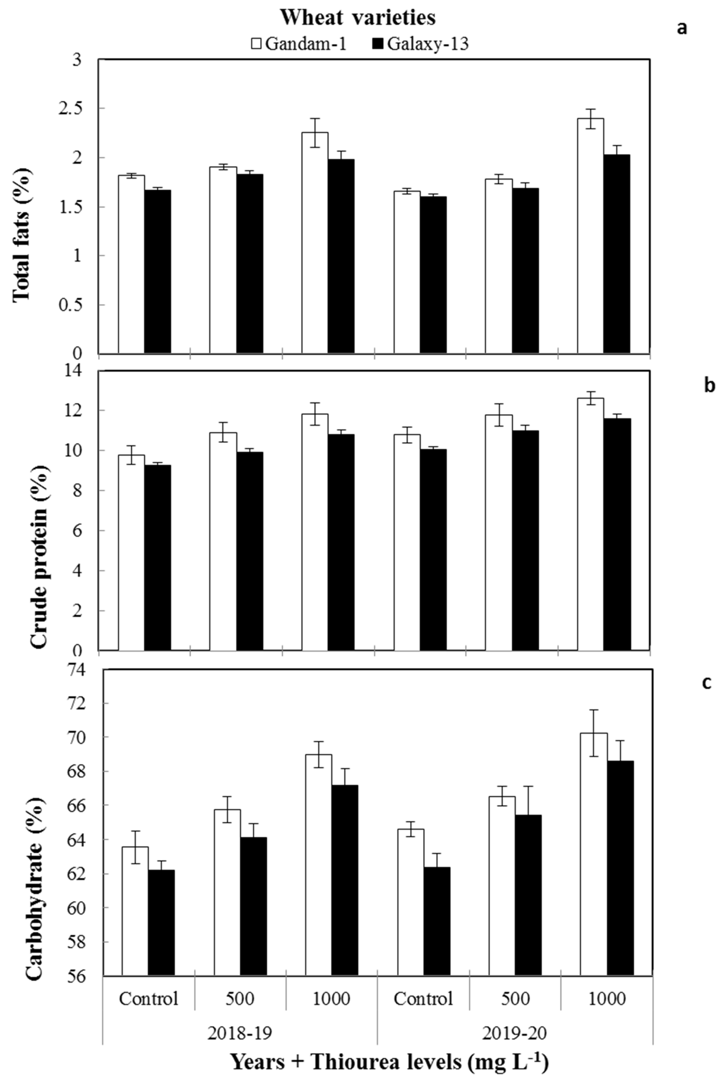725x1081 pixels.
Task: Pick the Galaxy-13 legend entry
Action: [421, 44]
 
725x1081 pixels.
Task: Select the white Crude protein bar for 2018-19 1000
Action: [315, 532]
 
